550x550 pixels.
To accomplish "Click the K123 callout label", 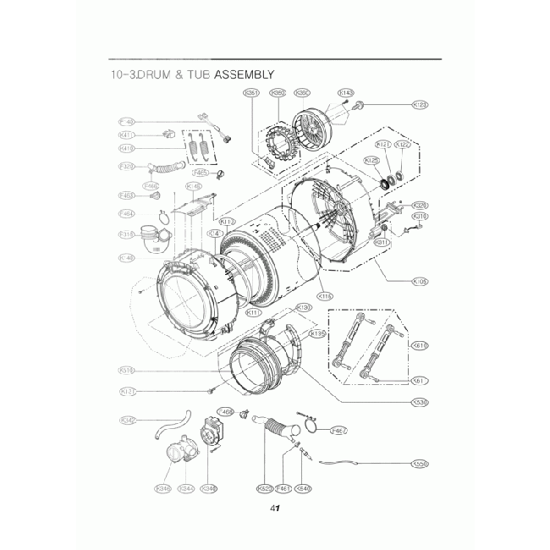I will click(x=420, y=105).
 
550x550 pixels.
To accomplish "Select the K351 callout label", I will click(x=250, y=92).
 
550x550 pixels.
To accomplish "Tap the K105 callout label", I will click(x=420, y=281).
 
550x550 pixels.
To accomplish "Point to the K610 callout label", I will click(x=420, y=345).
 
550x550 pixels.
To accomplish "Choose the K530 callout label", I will click(x=420, y=402).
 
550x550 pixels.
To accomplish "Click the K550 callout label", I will click(x=420, y=464).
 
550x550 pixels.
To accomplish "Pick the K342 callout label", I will click(x=128, y=420).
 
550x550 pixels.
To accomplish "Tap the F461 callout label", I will click(x=284, y=488).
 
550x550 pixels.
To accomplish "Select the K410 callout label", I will click(x=128, y=148).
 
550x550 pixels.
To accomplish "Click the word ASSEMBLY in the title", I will click(x=244, y=74).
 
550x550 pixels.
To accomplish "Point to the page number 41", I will click(x=275, y=509).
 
